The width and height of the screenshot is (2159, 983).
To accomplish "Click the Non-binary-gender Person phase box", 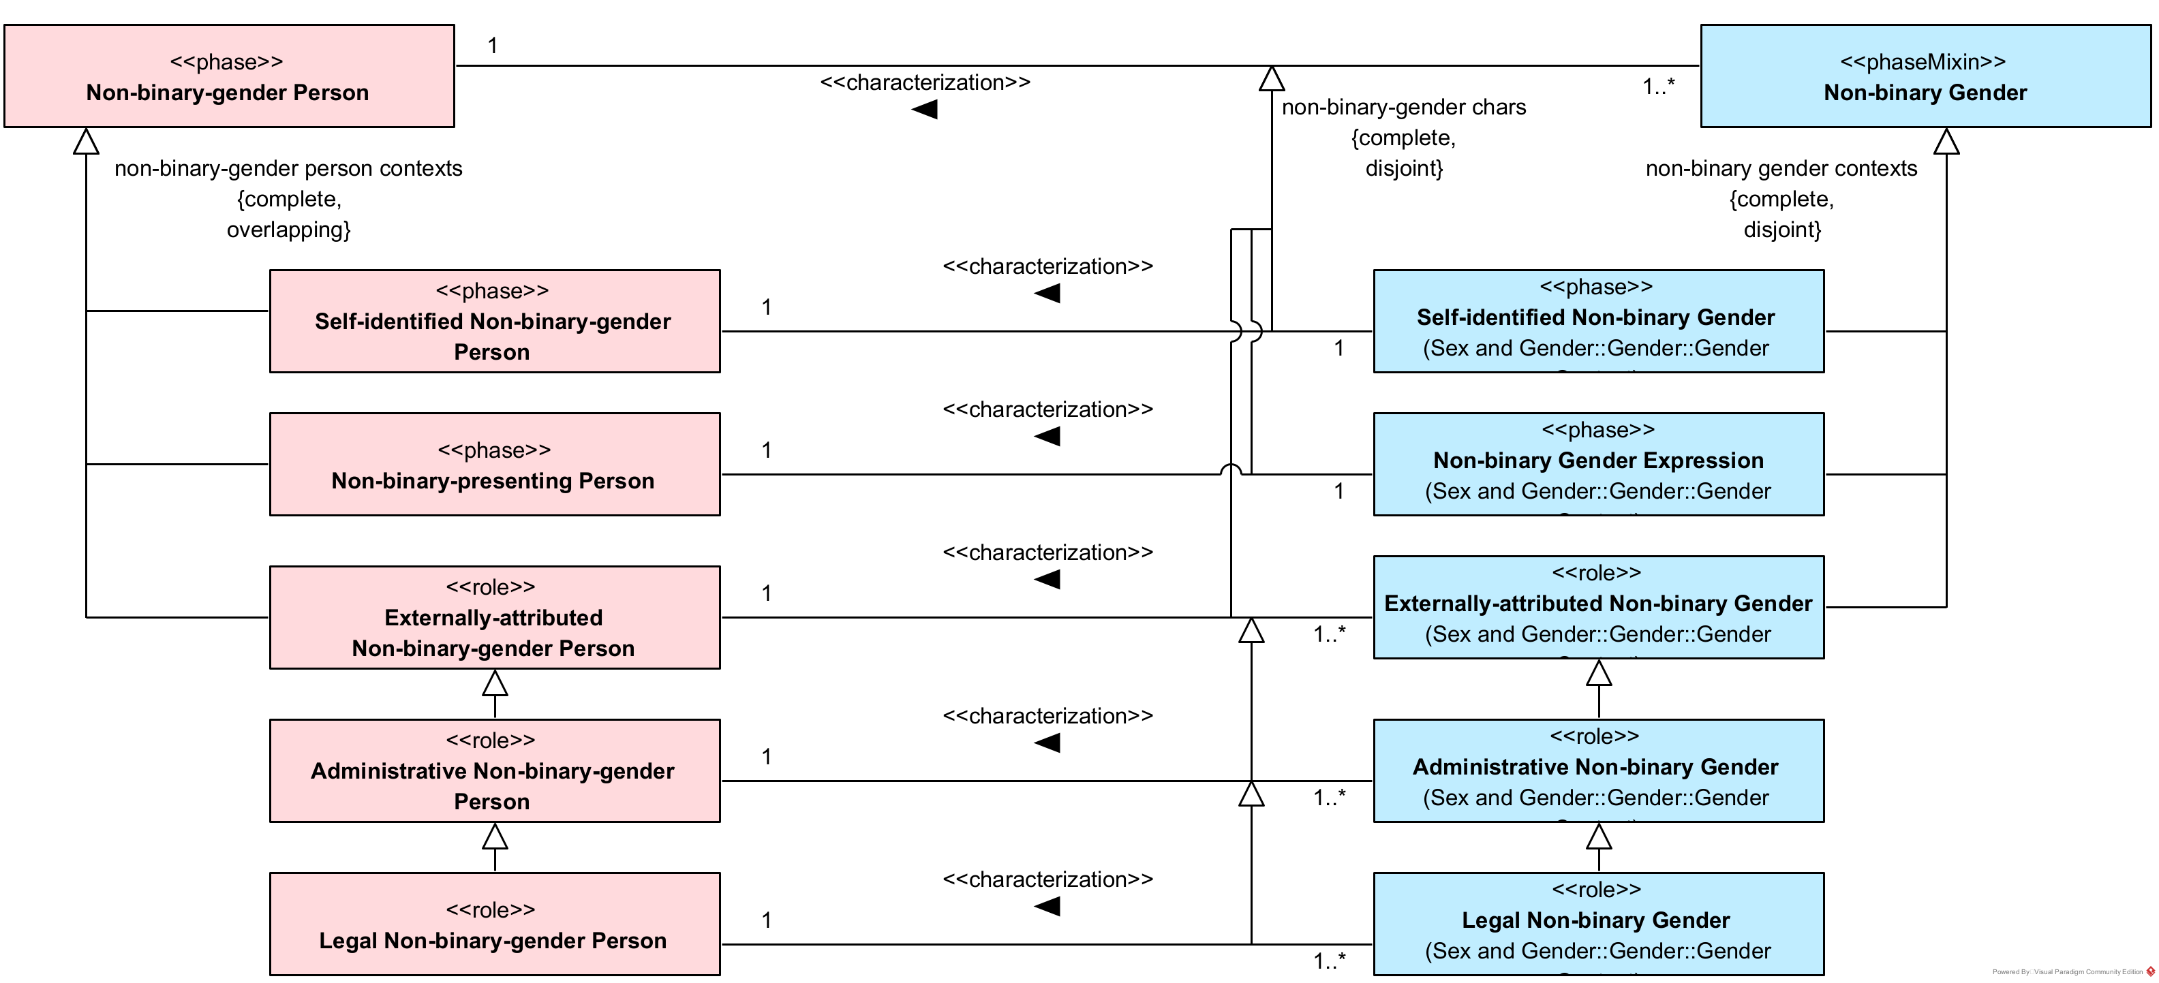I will click(x=229, y=76).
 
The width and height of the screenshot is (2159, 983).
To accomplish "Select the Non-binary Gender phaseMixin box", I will click(x=1925, y=76).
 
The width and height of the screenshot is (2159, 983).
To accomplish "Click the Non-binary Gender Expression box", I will click(x=1598, y=465).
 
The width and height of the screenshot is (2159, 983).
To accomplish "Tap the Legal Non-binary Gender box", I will click(x=1598, y=924).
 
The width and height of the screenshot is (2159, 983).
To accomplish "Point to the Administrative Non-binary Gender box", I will click(x=1598, y=771).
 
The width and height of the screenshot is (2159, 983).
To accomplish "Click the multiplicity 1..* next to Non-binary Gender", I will click(x=1658, y=87).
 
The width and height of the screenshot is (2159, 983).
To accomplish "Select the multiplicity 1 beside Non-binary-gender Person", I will click(x=493, y=46).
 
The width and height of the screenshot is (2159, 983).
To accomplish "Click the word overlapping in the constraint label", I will click(x=288, y=230).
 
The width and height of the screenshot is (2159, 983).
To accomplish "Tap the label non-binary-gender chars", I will click(x=1404, y=107).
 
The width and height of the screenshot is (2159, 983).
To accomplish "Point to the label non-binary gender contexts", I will click(x=1781, y=168).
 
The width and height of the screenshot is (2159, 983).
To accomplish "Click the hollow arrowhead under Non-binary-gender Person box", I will click(x=87, y=142).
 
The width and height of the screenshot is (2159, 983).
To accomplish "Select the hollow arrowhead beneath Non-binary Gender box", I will click(x=1946, y=142).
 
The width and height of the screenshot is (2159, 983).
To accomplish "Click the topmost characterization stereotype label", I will click(x=924, y=83).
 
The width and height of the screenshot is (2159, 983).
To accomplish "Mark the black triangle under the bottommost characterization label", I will click(x=1047, y=906).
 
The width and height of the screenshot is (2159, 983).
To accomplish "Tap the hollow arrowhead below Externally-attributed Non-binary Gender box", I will click(x=1598, y=673).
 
